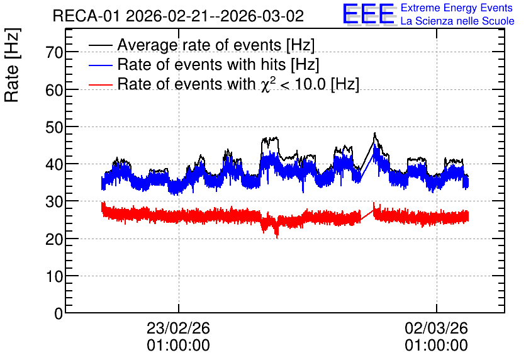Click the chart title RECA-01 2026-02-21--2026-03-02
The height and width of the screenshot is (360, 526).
(178, 16)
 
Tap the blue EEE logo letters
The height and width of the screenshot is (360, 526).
(369, 13)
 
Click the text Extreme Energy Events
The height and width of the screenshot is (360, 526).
(457, 8)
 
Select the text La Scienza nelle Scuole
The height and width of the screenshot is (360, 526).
(457, 21)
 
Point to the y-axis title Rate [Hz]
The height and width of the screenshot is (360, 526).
(12, 65)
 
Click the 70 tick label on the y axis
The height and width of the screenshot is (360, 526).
(54, 52)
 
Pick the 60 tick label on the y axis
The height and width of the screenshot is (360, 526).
(54, 90)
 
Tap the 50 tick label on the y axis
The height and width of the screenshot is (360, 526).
(54, 127)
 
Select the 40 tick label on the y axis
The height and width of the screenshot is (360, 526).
(54, 164)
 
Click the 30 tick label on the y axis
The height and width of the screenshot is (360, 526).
(54, 201)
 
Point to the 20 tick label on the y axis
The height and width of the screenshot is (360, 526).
(54, 239)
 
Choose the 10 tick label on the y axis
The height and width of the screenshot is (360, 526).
(54, 276)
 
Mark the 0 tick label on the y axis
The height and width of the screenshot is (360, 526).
(59, 313)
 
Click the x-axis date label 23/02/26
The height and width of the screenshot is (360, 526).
(178, 328)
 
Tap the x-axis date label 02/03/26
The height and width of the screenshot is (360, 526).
(436, 328)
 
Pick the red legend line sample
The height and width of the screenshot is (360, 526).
(101, 84)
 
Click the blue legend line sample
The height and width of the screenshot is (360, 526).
(101, 65)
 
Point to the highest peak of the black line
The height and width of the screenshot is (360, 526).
(375, 133)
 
